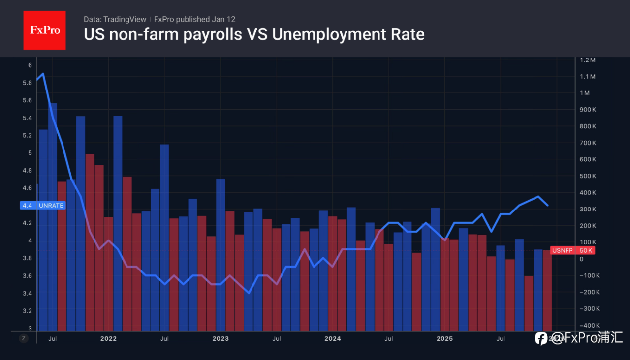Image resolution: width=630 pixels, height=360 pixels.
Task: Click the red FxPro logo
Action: [44, 30]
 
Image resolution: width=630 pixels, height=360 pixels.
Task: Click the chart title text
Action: [254, 34]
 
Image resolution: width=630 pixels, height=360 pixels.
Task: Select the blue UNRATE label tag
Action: [43, 205]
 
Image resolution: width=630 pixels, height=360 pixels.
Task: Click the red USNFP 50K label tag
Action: [572, 251]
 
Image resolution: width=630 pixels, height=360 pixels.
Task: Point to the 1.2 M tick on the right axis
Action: [588, 60]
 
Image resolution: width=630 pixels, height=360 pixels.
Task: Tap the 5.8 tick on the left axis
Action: [28, 83]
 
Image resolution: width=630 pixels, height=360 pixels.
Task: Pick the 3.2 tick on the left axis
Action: [28, 311]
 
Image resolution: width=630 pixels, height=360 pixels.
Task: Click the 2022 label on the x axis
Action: [108, 338]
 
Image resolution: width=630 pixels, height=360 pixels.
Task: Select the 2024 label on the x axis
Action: [333, 338]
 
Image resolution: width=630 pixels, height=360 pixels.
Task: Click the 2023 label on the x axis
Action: [220, 338]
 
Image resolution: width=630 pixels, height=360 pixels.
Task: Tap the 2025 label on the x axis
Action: [445, 338]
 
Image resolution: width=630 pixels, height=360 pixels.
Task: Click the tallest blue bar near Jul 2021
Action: [53, 216]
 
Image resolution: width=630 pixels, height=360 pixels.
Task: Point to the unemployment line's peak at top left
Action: [43, 74]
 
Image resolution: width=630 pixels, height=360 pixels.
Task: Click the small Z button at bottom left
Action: [24, 338]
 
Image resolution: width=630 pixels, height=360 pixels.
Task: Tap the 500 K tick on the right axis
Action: [588, 176]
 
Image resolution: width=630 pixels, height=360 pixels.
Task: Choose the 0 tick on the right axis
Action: [582, 259]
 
